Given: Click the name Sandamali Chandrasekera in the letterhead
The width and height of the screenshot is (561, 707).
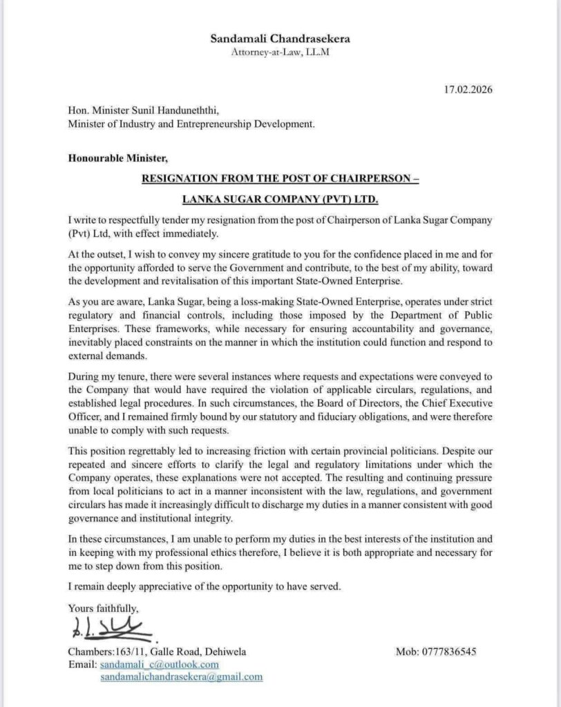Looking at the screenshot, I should (280, 39).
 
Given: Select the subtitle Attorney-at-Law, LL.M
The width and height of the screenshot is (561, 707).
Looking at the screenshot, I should (280, 53).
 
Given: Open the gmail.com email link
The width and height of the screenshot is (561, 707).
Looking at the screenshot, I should (181, 677).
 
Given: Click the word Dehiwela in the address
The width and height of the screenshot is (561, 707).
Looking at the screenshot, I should (225, 652).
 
